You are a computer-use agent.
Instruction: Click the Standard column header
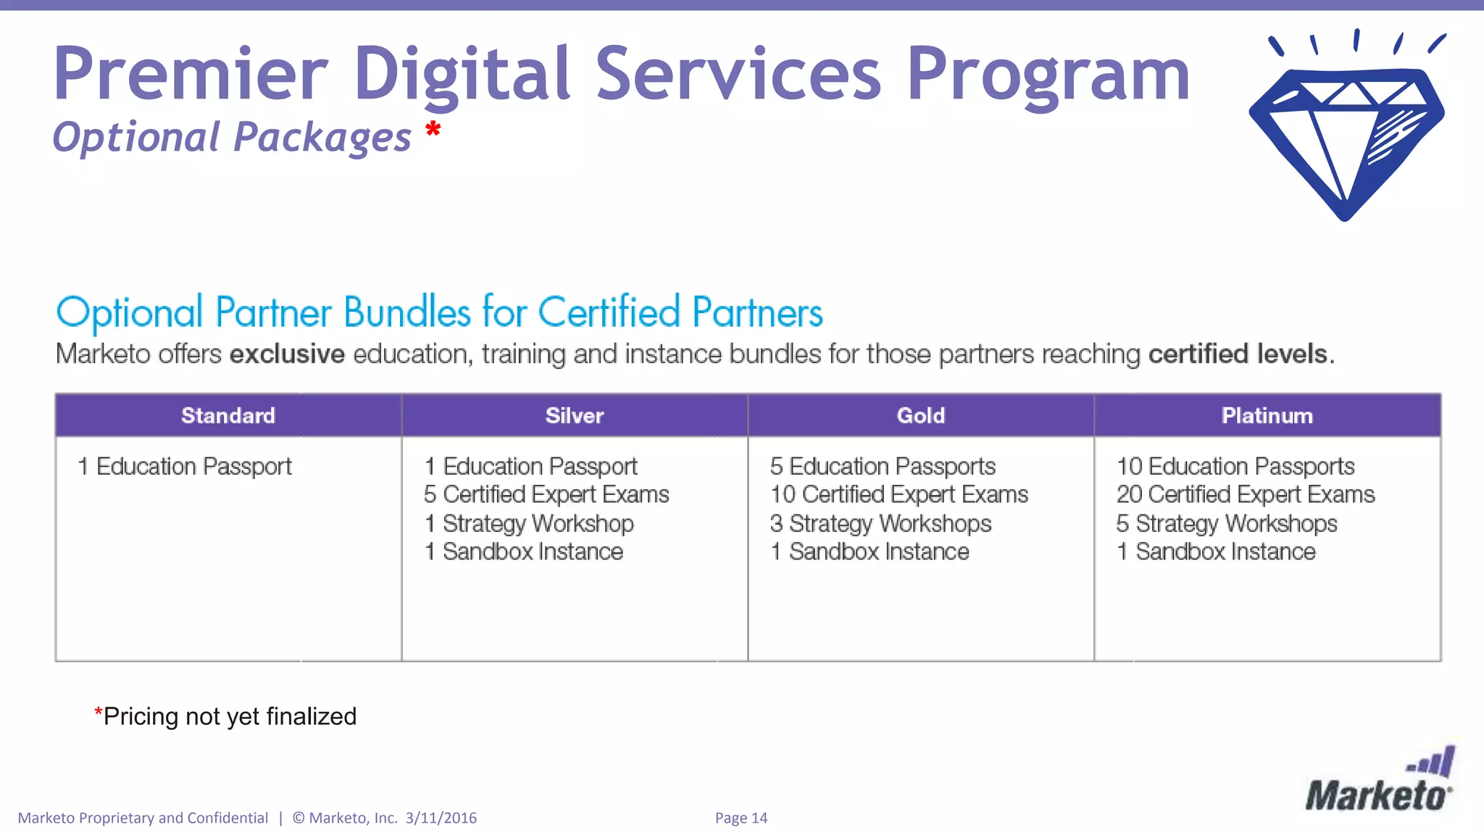pyautogui.click(x=228, y=415)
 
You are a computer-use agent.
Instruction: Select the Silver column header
pyautogui.click(x=574, y=415)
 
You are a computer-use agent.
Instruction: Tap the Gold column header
pyautogui.click(x=920, y=415)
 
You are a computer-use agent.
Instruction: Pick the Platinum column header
pyautogui.click(x=1267, y=415)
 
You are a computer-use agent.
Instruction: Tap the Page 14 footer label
pyautogui.click(x=741, y=818)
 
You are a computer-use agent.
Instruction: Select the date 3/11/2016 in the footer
pyautogui.click(x=441, y=818)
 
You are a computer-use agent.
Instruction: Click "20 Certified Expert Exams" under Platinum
pyautogui.click(x=1245, y=494)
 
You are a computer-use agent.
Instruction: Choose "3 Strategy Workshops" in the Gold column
pyautogui.click(x=880, y=523)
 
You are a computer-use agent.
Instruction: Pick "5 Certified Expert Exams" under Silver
pyautogui.click(x=546, y=494)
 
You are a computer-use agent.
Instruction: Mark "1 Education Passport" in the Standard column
pyautogui.click(x=185, y=466)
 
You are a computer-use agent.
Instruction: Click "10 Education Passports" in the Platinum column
pyautogui.click(x=1235, y=466)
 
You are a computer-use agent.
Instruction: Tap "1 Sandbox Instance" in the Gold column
pyautogui.click(x=870, y=552)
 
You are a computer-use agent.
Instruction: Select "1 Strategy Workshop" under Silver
pyautogui.click(x=529, y=523)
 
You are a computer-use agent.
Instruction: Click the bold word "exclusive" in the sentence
pyautogui.click(x=287, y=354)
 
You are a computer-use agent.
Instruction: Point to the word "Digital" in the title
pyautogui.click(x=462, y=74)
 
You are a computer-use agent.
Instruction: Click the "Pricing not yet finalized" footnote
pyautogui.click(x=225, y=716)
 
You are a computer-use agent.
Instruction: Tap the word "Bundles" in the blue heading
pyautogui.click(x=407, y=313)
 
